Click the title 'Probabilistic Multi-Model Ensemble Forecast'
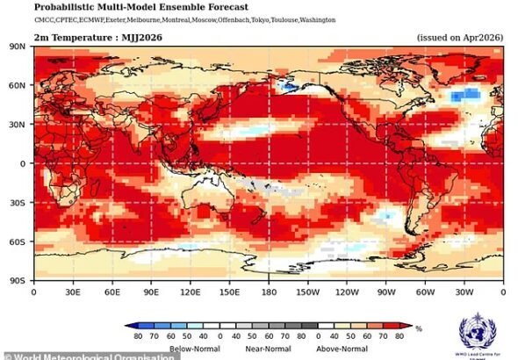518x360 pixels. [x=147, y=7]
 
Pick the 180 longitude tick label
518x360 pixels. [x=269, y=291]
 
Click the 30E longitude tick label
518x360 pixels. [x=73, y=291]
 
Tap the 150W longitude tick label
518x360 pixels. [x=307, y=291]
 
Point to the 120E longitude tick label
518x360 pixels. [x=190, y=291]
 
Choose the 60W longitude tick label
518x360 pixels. [x=425, y=291]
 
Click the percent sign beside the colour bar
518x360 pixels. [x=420, y=328]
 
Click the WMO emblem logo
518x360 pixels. [x=479, y=333]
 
